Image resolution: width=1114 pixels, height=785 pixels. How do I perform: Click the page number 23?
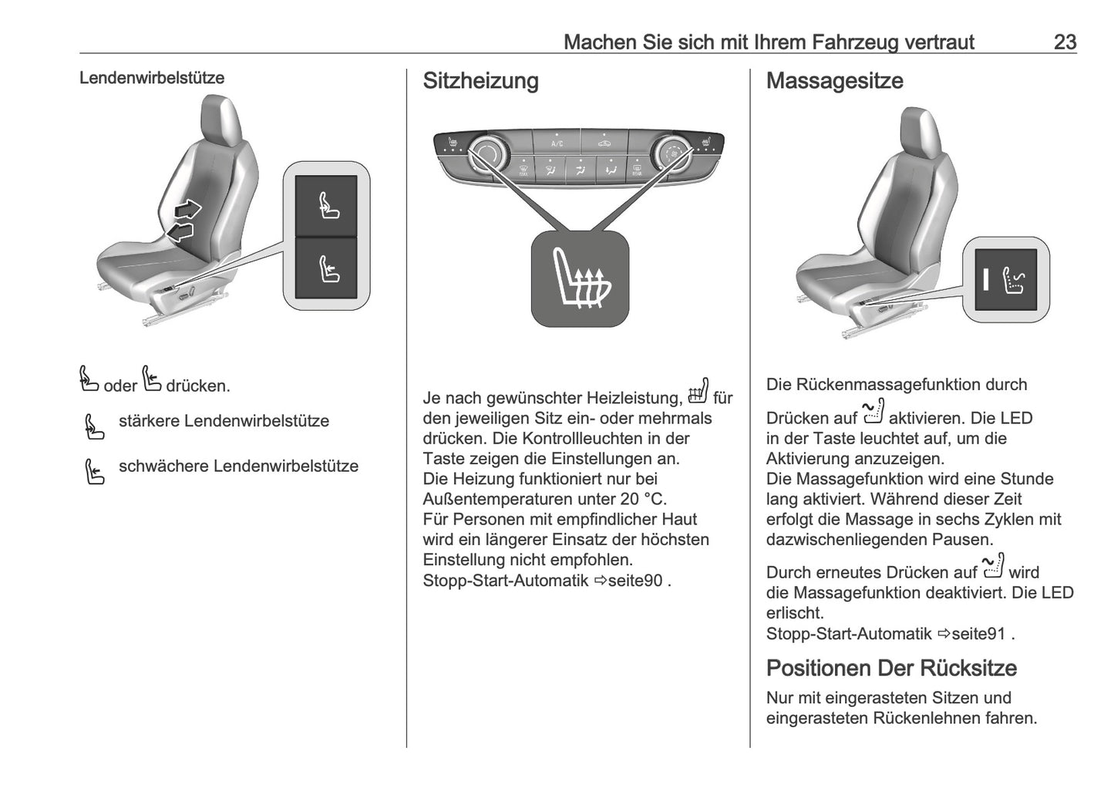click(1064, 42)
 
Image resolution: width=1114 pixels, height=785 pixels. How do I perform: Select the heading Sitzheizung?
click(480, 81)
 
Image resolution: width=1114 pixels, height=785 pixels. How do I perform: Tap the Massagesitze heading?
click(834, 81)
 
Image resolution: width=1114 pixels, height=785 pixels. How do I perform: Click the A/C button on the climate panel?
click(557, 143)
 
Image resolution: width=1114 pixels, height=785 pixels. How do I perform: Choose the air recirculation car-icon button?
click(602, 142)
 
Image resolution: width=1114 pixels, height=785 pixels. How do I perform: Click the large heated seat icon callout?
click(581, 278)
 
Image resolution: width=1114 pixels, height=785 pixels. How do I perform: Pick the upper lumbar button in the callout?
click(327, 206)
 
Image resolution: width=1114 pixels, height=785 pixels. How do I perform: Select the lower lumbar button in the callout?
click(327, 268)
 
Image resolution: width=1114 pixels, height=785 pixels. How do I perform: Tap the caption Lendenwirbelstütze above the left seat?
click(152, 78)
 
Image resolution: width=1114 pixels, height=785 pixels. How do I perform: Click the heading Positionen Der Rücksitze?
click(891, 668)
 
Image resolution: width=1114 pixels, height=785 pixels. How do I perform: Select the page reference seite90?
click(634, 581)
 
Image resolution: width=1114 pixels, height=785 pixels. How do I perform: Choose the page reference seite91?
click(978, 634)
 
